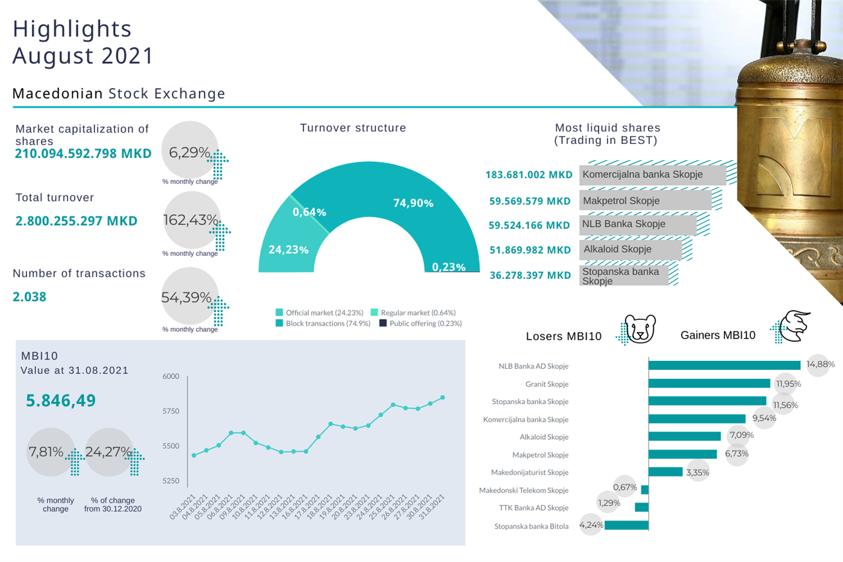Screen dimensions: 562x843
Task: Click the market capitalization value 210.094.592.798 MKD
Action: pyautogui.click(x=83, y=154)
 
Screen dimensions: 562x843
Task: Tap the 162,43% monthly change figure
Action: pyautogui.click(x=190, y=220)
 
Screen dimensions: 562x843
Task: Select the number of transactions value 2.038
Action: pyautogui.click(x=30, y=297)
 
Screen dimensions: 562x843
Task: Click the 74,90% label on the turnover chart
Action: pyautogui.click(x=413, y=203)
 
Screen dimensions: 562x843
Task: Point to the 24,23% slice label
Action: pyautogui.click(x=288, y=249)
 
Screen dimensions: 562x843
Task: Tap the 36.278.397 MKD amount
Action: pyautogui.click(x=530, y=275)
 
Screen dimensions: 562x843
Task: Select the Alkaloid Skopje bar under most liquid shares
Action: pyautogui.click(x=630, y=249)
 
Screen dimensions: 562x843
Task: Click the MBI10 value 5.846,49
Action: pyautogui.click(x=61, y=401)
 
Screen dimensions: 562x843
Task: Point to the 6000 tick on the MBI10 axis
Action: pyautogui.click(x=171, y=376)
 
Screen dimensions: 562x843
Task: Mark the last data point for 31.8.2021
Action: pyautogui.click(x=443, y=398)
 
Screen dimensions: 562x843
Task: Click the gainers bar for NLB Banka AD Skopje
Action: pyautogui.click(x=724, y=365)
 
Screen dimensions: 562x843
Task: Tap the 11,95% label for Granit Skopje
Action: pyautogui.click(x=788, y=384)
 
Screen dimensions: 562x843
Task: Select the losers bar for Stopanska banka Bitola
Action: pyautogui.click(x=626, y=525)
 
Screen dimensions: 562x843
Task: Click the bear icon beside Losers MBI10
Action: pyautogui.click(x=639, y=329)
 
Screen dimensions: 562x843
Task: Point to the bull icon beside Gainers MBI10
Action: pyautogui.click(x=794, y=326)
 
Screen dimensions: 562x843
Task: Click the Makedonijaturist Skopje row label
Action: pyautogui.click(x=529, y=473)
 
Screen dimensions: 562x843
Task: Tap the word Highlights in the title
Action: pyautogui.click(x=72, y=29)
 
